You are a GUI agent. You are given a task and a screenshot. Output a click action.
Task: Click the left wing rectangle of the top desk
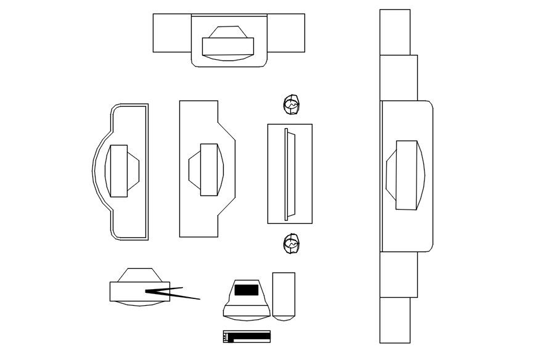point(171,33)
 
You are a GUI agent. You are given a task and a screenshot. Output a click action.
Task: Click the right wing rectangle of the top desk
point(287,33)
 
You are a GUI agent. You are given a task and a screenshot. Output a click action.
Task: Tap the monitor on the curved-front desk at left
point(118,171)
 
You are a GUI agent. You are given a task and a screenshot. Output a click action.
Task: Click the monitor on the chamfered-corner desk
point(209,170)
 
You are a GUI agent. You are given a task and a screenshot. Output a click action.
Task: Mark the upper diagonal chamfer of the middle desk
point(227,130)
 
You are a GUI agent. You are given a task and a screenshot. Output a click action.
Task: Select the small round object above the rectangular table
point(291,105)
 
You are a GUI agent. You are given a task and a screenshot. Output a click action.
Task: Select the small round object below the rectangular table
point(291,245)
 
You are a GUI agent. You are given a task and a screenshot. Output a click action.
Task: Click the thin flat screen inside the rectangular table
point(286,173)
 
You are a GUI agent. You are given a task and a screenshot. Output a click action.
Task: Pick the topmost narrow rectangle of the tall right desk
point(394,32)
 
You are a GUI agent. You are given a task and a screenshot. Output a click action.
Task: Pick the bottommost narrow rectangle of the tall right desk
point(394,321)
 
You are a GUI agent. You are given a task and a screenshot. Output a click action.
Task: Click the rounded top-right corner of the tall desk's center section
point(430,105)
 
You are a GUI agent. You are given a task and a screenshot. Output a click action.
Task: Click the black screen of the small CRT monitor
point(246,289)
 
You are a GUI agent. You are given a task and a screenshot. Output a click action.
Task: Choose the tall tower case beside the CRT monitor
point(283,296)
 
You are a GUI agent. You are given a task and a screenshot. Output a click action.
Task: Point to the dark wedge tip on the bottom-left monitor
point(152,291)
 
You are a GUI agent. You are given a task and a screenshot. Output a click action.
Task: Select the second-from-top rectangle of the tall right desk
point(399,77)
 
